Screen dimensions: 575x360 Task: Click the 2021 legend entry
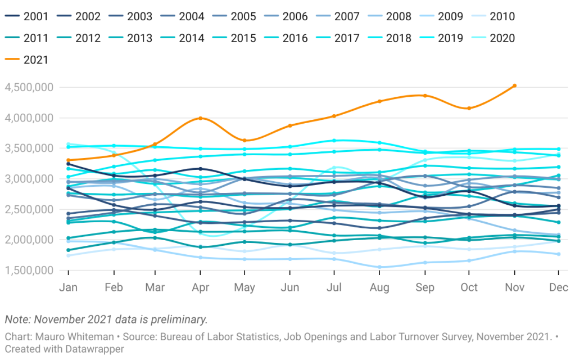(x=26, y=60)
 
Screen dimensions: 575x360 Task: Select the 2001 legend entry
(x=26, y=16)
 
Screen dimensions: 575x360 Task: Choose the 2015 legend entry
(x=234, y=38)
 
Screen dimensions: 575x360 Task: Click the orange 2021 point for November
(x=514, y=86)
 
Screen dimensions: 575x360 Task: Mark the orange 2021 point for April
(x=200, y=118)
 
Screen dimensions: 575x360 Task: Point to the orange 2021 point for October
(x=469, y=108)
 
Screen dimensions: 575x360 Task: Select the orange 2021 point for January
(x=68, y=160)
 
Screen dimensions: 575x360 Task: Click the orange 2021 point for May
(x=245, y=141)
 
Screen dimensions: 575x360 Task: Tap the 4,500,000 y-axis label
(x=29, y=87)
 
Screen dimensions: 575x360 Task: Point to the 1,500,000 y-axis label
(x=29, y=270)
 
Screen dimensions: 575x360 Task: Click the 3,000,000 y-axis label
(x=29, y=179)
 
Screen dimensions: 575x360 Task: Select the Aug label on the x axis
(x=379, y=287)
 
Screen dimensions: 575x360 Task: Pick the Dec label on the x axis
(x=559, y=287)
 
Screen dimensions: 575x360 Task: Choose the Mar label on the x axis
(x=155, y=287)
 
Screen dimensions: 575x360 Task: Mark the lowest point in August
(x=379, y=267)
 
